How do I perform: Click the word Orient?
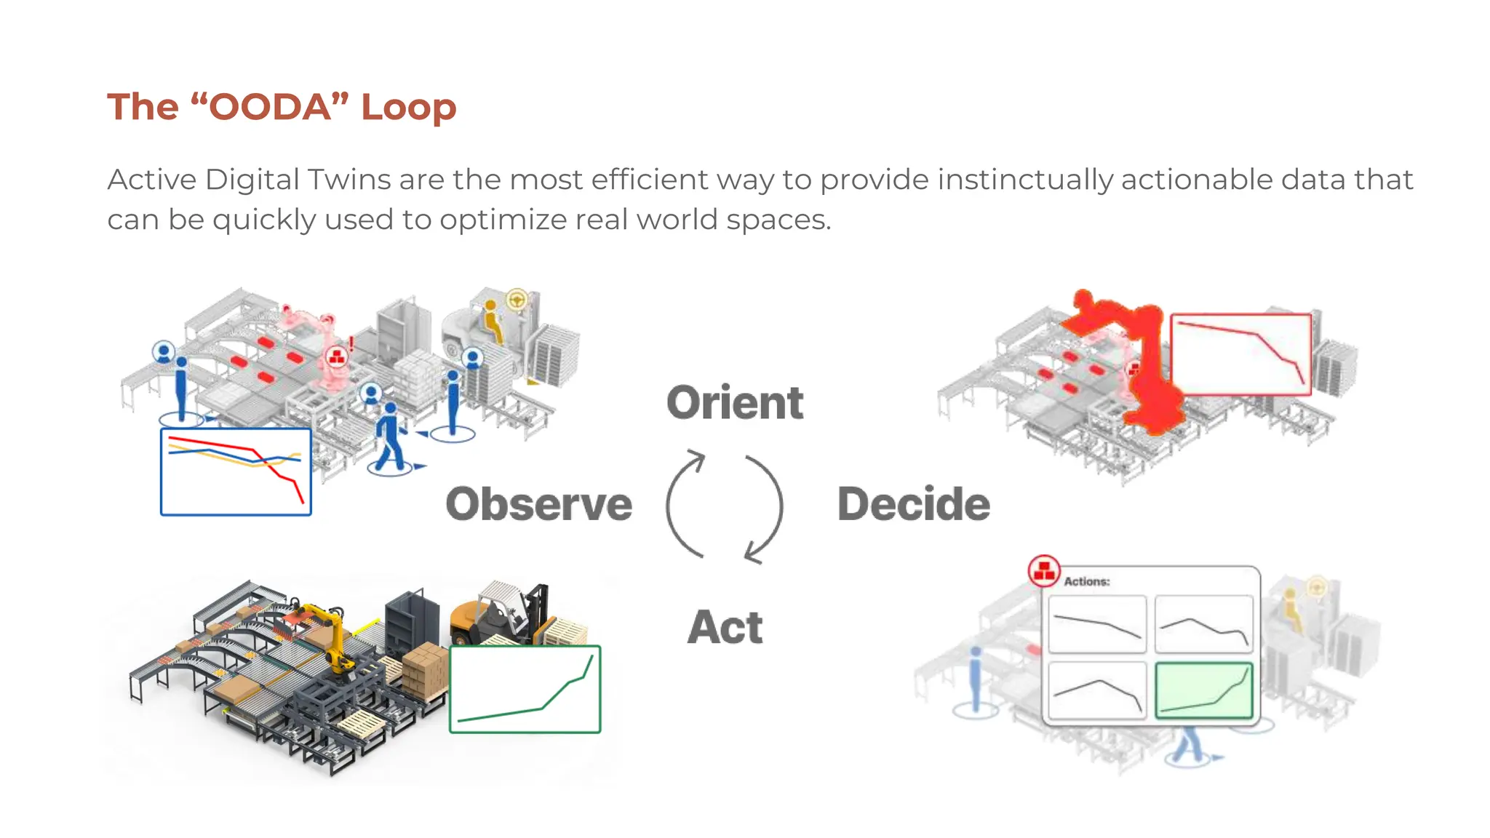735,403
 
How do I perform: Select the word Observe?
538,504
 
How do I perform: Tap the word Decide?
914,504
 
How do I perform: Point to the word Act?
725,627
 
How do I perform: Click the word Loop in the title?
409,108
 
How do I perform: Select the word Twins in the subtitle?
349,180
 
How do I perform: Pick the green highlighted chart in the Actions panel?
1204,690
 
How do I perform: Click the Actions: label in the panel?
1087,581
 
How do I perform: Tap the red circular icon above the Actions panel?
1044,571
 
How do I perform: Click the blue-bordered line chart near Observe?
236,471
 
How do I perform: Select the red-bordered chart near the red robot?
1240,354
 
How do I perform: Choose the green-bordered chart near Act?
525,689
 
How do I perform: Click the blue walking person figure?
391,436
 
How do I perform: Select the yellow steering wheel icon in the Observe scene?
517,299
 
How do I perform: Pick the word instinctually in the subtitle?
1025,180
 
